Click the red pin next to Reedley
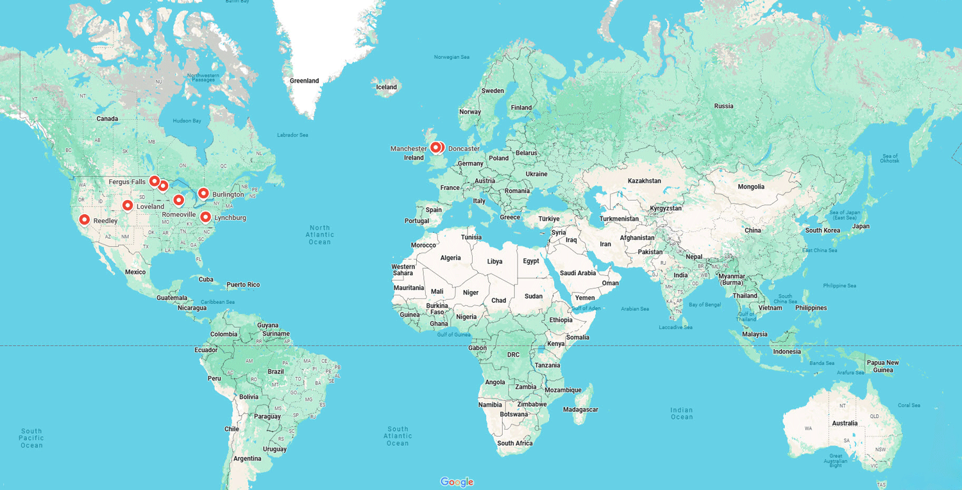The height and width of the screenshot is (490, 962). tap(84, 220)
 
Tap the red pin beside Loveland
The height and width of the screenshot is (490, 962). tap(128, 206)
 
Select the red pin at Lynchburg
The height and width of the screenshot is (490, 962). tap(206, 217)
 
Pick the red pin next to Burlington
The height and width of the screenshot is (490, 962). tap(203, 193)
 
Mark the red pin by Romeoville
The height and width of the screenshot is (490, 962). tap(179, 200)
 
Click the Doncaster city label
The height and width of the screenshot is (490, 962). tap(464, 149)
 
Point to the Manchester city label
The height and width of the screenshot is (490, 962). tap(409, 149)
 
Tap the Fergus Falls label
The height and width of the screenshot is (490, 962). tap(127, 182)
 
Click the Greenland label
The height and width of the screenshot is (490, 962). tap(304, 81)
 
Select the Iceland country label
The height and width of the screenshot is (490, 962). tap(386, 87)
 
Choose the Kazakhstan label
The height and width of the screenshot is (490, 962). tap(644, 181)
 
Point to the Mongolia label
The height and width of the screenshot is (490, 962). tap(751, 187)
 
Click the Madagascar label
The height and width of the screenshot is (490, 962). tap(580, 410)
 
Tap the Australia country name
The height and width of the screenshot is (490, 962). tap(845, 423)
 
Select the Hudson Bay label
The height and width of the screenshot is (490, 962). tap(187, 121)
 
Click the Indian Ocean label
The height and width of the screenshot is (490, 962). tap(682, 414)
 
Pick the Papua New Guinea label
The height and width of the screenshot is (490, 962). tap(883, 366)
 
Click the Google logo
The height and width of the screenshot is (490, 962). tap(457, 482)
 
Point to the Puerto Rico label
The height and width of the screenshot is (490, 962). tap(243, 285)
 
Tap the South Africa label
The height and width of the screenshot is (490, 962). tap(514, 443)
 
